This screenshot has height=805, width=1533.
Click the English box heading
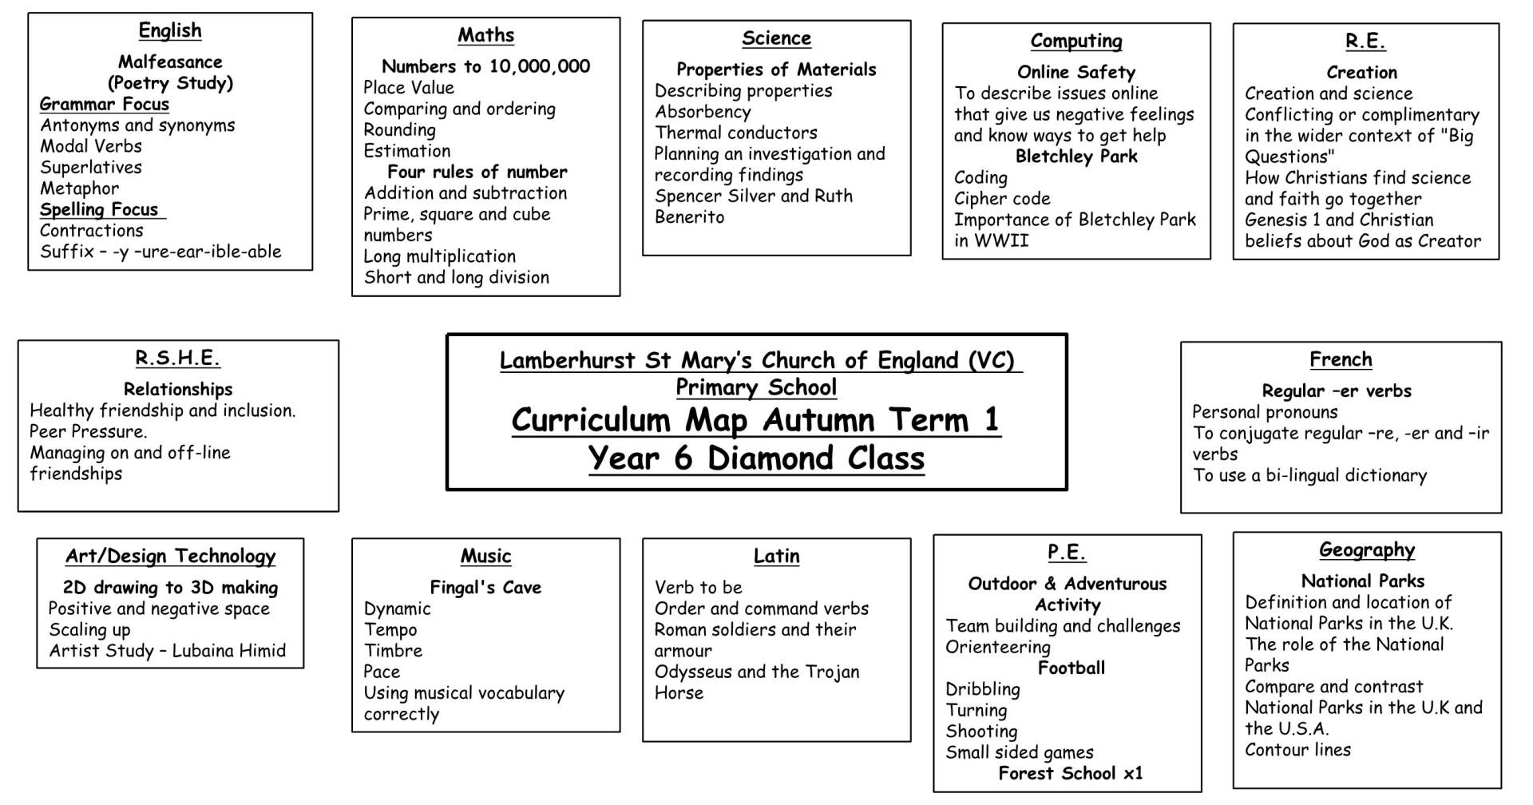pos(170,30)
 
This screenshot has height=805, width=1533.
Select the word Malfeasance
pos(170,61)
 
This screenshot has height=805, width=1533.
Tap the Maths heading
pos(485,35)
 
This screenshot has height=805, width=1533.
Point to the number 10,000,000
pos(540,66)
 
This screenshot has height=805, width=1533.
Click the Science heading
pos(776,38)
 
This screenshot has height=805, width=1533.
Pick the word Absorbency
pos(703,112)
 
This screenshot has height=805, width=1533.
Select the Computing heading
pos(1075,41)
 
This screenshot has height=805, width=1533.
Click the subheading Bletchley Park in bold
pos(1075,157)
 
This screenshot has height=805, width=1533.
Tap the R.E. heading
pos(1365,42)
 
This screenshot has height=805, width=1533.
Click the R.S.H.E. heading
pos(177,358)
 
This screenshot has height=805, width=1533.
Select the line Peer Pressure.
pos(88,432)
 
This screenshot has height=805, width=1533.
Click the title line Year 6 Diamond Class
pos(756,458)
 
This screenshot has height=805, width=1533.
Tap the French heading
pos(1341,359)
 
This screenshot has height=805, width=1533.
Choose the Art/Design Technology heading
pos(170,556)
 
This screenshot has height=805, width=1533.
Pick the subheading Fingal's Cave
pos(485,588)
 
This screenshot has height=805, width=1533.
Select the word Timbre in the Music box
pos(393,651)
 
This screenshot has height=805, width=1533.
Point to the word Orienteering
pos(997,647)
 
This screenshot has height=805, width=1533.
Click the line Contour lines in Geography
pos(1297,750)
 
